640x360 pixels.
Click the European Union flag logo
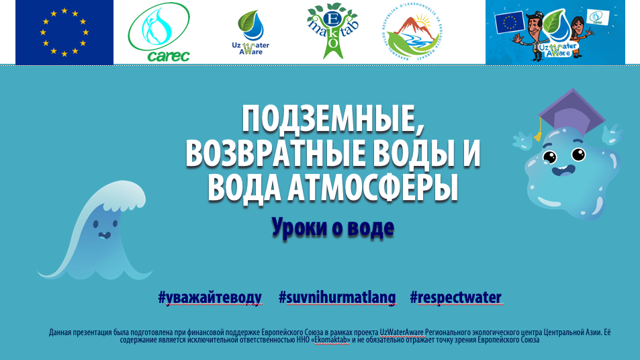64,32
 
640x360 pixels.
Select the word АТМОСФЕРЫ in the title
378,187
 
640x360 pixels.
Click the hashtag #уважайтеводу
210,298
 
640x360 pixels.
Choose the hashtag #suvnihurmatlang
337,298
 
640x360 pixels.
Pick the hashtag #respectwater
455,298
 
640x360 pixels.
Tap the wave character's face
104,236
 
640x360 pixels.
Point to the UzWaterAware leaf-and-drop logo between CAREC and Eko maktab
251,32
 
